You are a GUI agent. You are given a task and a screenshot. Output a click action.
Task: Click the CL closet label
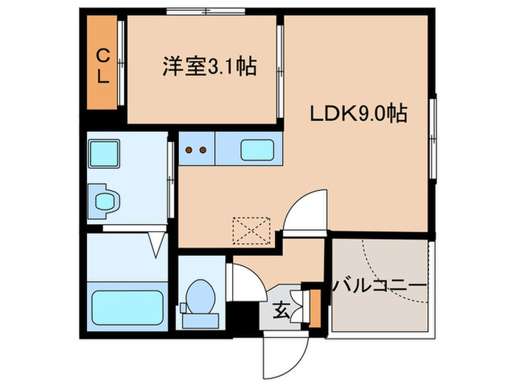tap(103, 64)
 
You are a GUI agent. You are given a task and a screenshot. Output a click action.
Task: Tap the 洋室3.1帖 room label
tap(209, 67)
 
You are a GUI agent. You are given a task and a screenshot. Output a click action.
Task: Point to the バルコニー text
tap(380, 285)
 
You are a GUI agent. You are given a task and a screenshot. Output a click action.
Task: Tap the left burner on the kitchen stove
tap(189, 150)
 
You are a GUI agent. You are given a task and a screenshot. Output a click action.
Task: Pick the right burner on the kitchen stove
tap(201, 150)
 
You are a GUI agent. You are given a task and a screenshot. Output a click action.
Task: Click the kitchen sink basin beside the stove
tap(257, 150)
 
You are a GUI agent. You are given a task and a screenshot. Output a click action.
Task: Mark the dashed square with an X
tap(252, 229)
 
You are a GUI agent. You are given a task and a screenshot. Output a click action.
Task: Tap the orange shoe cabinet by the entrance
tap(315, 308)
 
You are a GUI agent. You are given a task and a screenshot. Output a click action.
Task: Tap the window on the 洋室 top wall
tap(206, 11)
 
